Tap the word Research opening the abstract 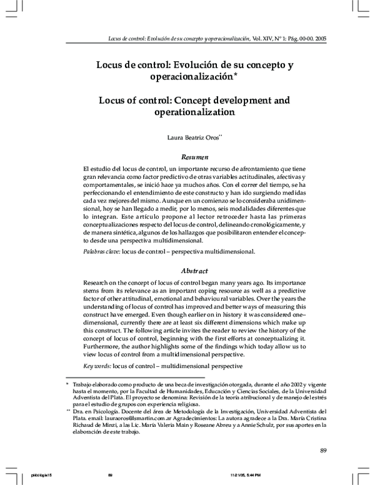pyautogui.click(x=99, y=283)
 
